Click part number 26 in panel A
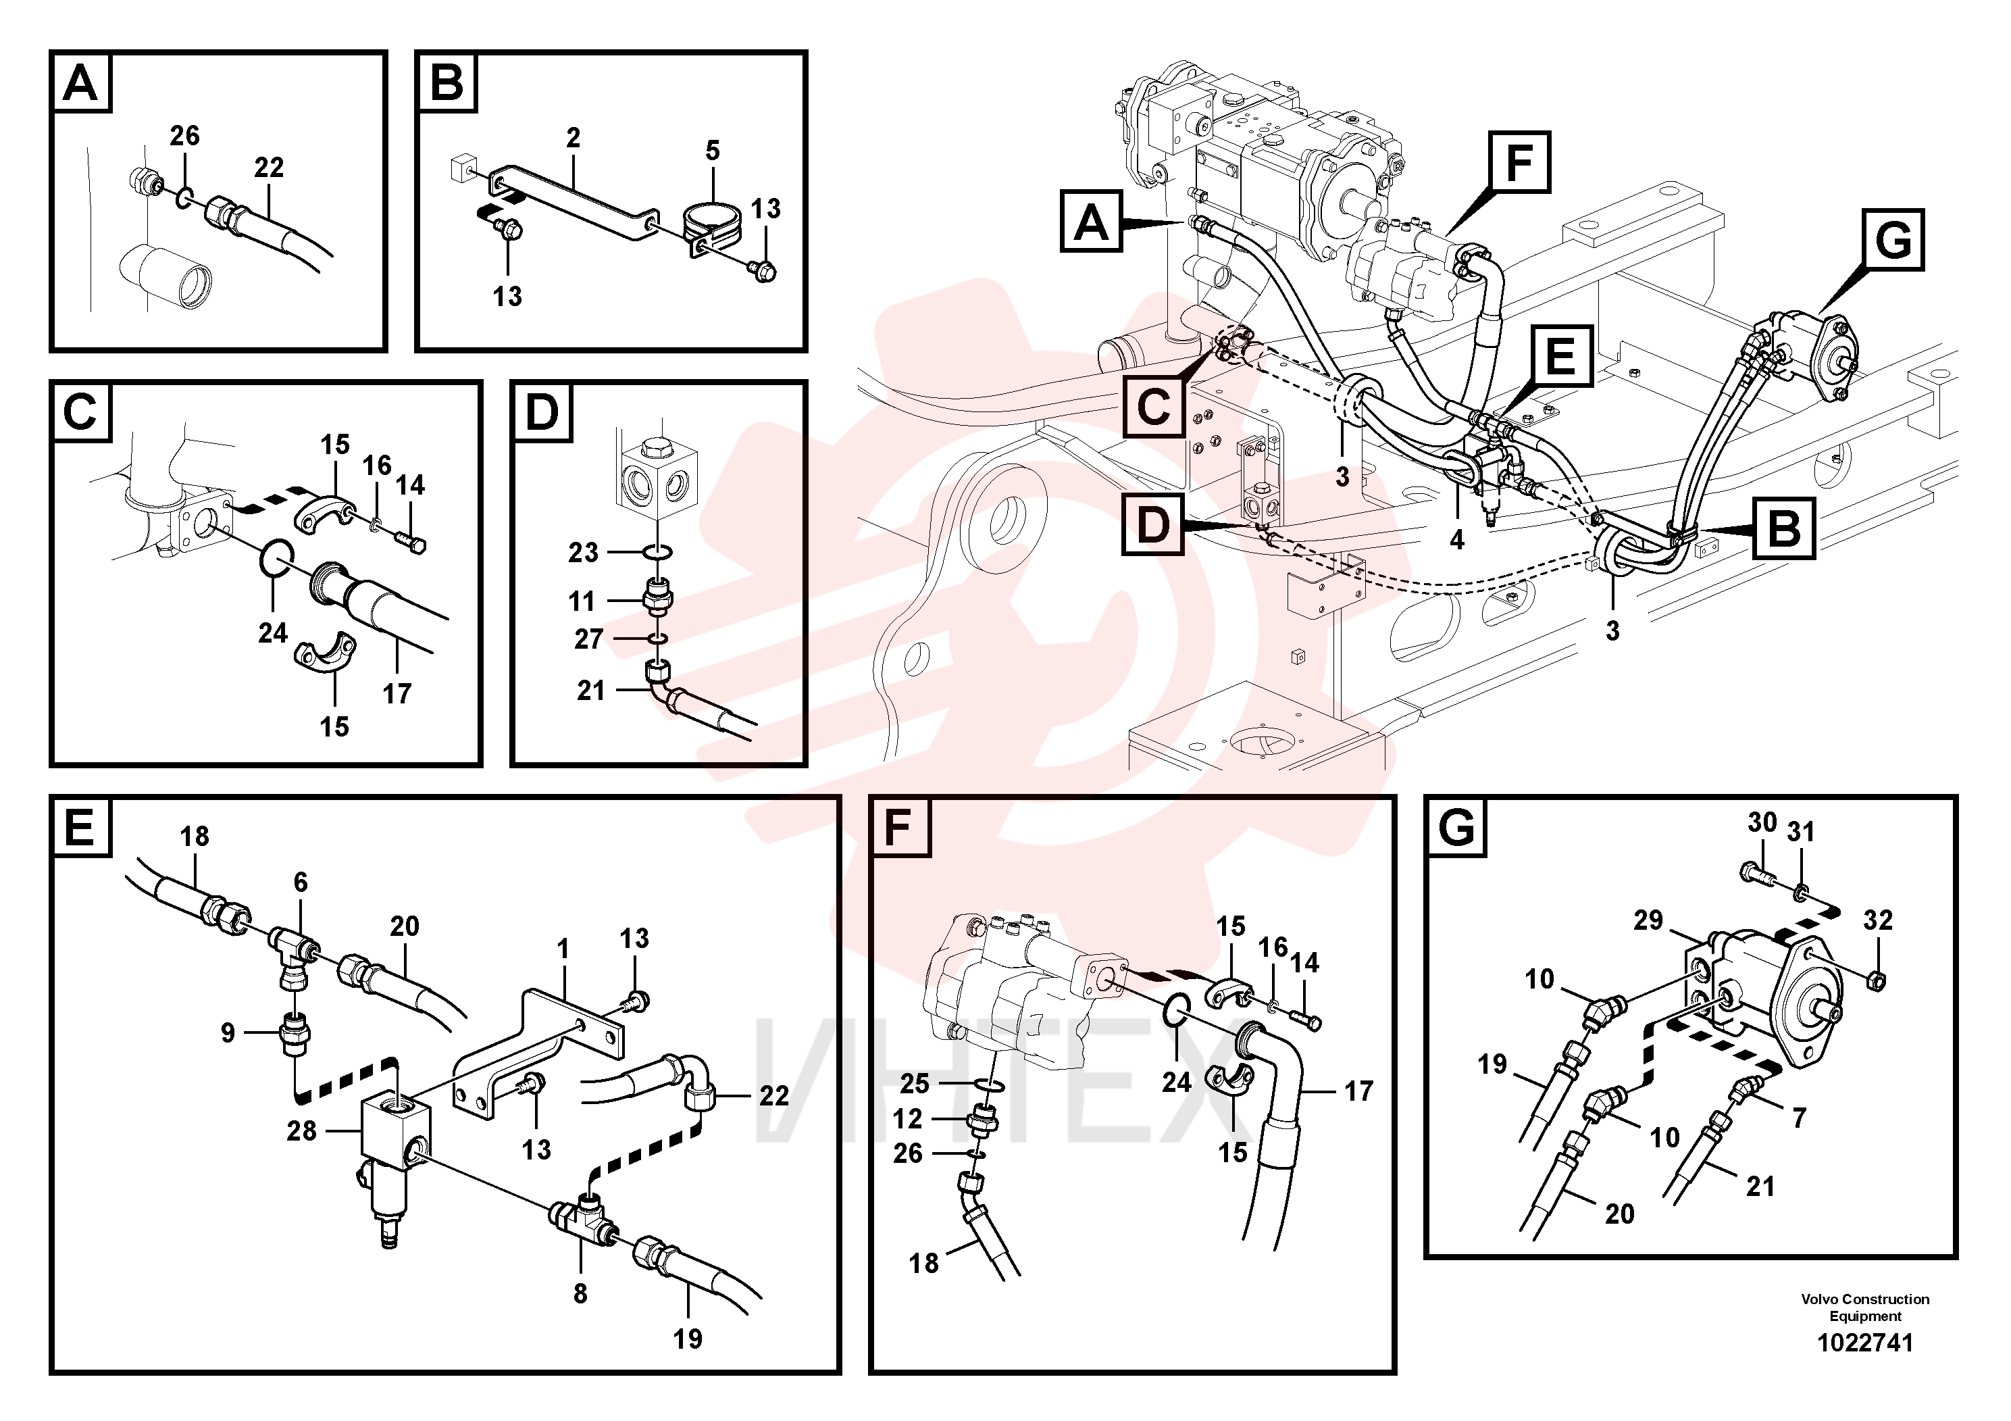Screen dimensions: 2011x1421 (x=185, y=136)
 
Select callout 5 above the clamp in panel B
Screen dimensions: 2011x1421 (x=713, y=151)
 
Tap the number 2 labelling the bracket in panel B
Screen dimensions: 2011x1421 (x=574, y=138)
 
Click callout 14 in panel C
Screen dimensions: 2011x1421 (x=410, y=485)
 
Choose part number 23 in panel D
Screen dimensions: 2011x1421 (x=584, y=553)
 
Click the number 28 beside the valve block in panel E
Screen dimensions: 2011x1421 (x=302, y=1131)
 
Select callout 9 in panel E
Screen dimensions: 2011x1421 (x=228, y=1033)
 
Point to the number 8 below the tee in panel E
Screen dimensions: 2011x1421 (x=580, y=1294)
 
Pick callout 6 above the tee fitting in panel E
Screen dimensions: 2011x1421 (x=301, y=882)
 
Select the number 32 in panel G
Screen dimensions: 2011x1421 (x=1878, y=920)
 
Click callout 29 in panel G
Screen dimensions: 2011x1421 (x=1648, y=920)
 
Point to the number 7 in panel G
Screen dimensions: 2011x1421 (x=1799, y=1118)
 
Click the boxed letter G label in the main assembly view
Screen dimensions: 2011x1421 (x=1893, y=239)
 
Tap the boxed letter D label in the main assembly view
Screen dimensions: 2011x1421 (x=1152, y=525)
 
